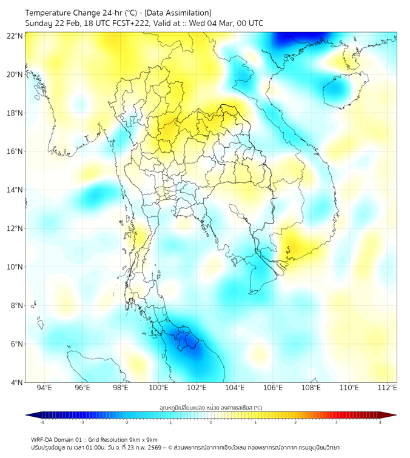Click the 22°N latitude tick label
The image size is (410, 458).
click(x=15, y=36)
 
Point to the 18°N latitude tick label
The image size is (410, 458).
click(x=15, y=113)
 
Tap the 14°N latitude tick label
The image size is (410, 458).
click(x=15, y=190)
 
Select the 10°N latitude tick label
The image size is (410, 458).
click(x=15, y=267)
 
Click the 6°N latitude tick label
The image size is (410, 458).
click(x=15, y=343)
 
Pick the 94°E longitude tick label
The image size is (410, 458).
click(x=44, y=388)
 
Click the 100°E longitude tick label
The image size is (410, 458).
click(x=158, y=388)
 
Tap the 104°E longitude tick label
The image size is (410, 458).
click(x=235, y=388)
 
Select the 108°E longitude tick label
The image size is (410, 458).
click(x=311, y=388)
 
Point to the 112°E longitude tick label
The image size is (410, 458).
click(x=388, y=388)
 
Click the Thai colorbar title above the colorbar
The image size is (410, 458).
click(x=210, y=407)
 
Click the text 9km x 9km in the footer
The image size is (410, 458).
click(x=141, y=439)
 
